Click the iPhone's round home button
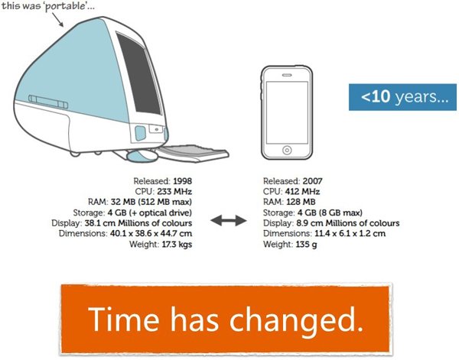click(287, 151)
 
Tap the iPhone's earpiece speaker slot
click(287, 75)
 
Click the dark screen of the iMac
click(138, 73)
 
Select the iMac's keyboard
click(194, 153)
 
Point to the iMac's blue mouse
click(142, 156)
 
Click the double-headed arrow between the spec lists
click(228, 220)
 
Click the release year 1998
click(182, 181)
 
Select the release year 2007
click(313, 181)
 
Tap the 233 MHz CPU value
click(174, 192)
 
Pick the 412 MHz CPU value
click(302, 192)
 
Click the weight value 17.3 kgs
click(177, 244)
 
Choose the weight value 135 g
click(306, 244)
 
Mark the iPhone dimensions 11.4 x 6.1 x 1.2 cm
click(350, 233)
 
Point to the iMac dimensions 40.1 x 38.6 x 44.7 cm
click(151, 233)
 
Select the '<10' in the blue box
click(376, 96)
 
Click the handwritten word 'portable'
click(65, 6)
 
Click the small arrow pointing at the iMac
click(58, 20)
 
